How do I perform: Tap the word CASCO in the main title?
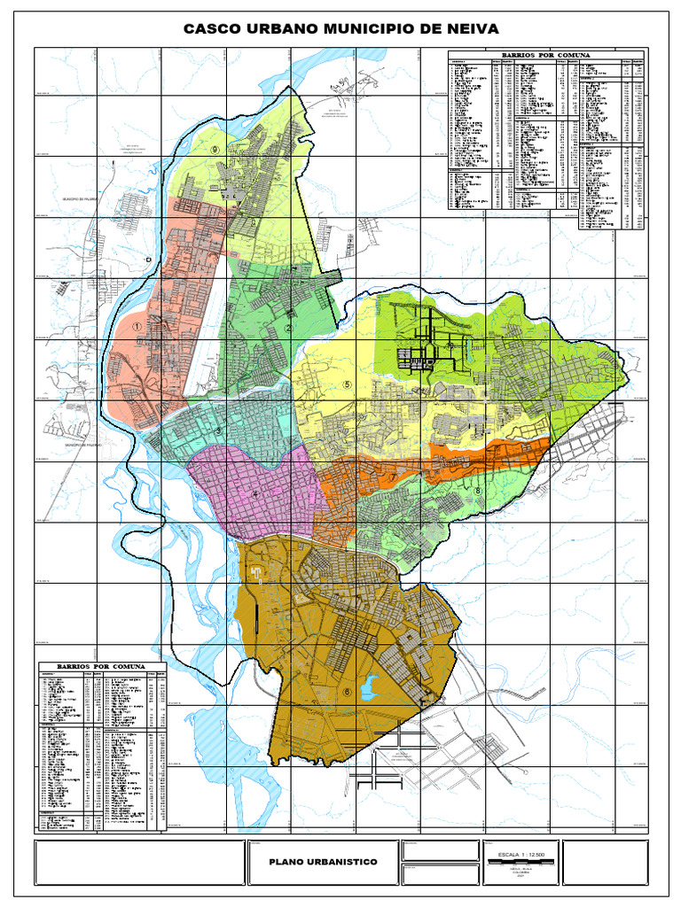(211, 29)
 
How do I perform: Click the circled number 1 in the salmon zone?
(137, 326)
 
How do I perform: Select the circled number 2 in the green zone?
(288, 329)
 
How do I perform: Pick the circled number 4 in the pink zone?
(258, 495)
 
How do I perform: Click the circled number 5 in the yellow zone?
(348, 384)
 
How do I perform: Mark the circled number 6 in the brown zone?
(347, 692)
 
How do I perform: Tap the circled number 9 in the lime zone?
(215, 151)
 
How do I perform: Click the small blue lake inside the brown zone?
(370, 684)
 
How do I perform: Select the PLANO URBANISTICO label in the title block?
(323, 862)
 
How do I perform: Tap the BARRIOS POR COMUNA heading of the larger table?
(547, 55)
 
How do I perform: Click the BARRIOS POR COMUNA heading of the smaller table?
(100, 665)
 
